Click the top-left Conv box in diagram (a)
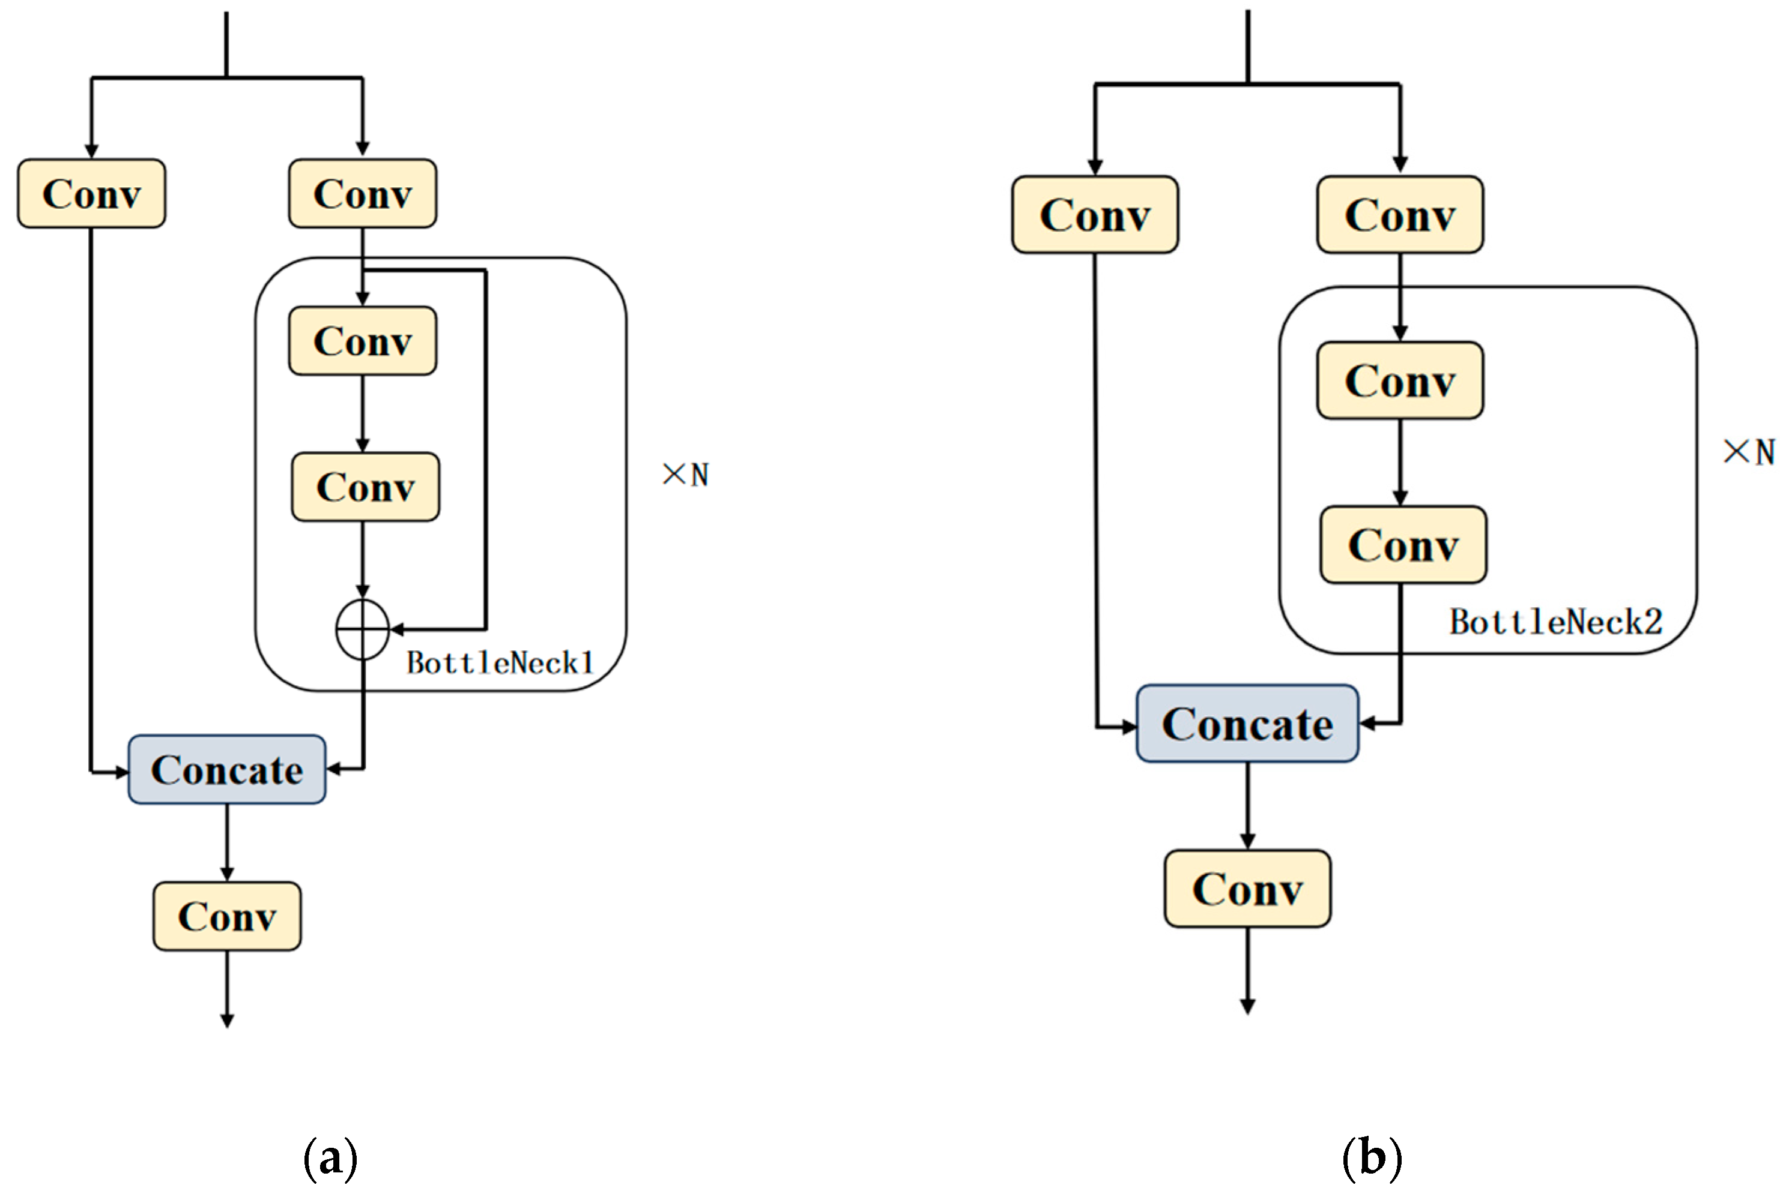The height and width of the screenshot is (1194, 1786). coord(91,193)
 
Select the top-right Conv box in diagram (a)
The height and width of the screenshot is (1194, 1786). coord(363,193)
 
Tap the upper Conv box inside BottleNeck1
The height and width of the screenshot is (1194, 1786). coord(363,340)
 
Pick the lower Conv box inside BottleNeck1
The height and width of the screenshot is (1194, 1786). coord(366,487)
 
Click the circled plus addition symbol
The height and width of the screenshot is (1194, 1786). coord(363,629)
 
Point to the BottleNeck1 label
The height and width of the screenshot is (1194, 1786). coord(500,663)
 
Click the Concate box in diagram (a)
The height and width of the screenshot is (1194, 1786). coord(227,769)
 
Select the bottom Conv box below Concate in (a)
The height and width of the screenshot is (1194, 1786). coord(227,916)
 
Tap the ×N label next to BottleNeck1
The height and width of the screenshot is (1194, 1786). coord(686,475)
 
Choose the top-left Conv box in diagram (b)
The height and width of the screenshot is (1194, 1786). coord(1095,215)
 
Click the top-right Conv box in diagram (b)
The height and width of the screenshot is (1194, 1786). coord(1400,215)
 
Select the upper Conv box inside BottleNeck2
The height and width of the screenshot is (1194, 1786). coord(1400,380)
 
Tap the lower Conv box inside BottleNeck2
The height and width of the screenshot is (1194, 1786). coord(1403,544)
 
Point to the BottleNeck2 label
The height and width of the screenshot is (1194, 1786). coord(1556,622)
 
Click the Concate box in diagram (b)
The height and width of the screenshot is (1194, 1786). coord(1247,724)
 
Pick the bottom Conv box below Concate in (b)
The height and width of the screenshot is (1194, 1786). coord(1247,889)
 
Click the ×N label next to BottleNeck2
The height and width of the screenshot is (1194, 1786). coord(1749,452)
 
